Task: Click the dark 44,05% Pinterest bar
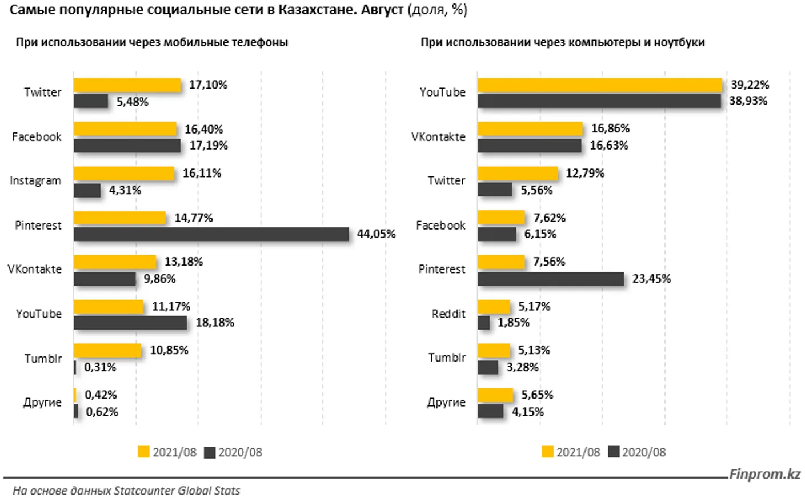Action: (211, 234)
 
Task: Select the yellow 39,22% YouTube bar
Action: (600, 85)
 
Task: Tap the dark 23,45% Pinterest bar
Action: (551, 279)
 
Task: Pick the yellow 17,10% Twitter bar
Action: (127, 85)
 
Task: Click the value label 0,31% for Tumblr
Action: (100, 367)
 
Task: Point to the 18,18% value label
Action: (215, 323)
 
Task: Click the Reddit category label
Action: (448, 314)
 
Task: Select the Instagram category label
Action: (35, 180)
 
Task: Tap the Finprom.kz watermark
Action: (764, 475)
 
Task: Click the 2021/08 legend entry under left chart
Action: (167, 452)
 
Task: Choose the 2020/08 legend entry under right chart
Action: (637, 452)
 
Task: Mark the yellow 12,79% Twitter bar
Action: (518, 174)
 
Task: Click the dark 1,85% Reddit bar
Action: (483, 323)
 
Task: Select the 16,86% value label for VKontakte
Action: (610, 128)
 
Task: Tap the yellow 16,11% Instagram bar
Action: (124, 174)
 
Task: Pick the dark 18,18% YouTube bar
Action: (130, 323)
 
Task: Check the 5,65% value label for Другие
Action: (537, 395)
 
